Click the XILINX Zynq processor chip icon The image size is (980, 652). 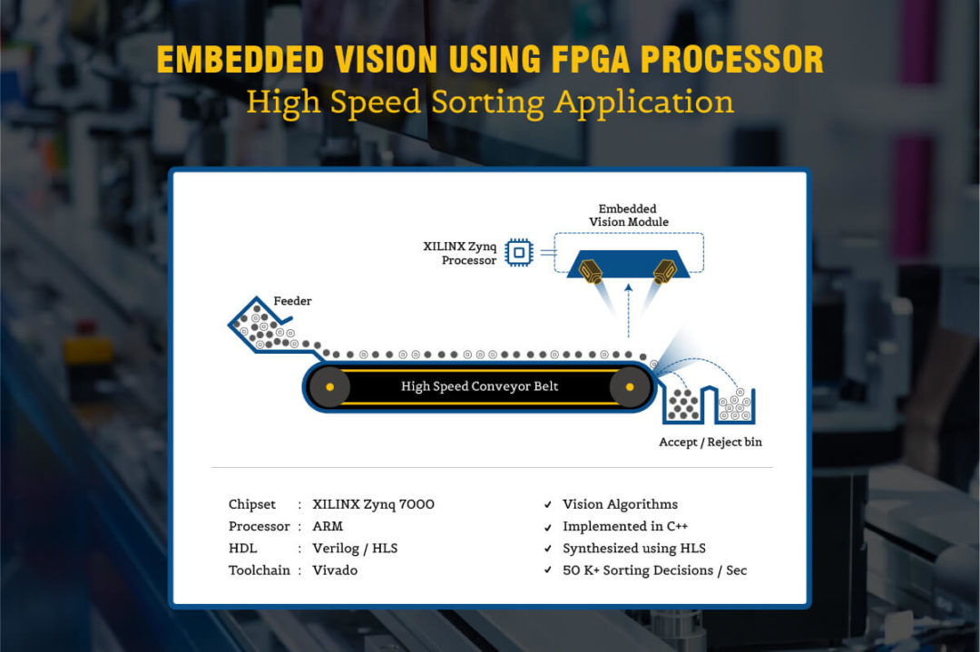click(519, 252)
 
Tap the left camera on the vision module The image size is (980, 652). click(591, 272)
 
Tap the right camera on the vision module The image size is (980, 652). click(665, 272)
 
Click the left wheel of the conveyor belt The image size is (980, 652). click(329, 387)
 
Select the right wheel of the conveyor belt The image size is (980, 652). click(630, 387)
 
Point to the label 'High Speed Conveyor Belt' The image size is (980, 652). click(479, 386)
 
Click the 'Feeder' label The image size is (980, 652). click(292, 301)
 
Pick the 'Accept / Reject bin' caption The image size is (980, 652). click(710, 443)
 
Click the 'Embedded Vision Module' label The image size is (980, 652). click(628, 216)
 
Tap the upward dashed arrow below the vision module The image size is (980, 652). click(629, 310)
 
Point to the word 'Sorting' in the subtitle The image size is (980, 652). click(488, 103)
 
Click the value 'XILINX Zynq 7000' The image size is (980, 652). click(373, 504)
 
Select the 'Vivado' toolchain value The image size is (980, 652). click(335, 570)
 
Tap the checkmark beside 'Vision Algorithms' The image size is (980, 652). click(548, 504)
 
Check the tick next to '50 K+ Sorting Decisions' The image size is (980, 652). click(548, 570)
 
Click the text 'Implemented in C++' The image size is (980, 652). click(625, 527)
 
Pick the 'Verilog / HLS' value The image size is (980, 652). click(355, 549)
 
